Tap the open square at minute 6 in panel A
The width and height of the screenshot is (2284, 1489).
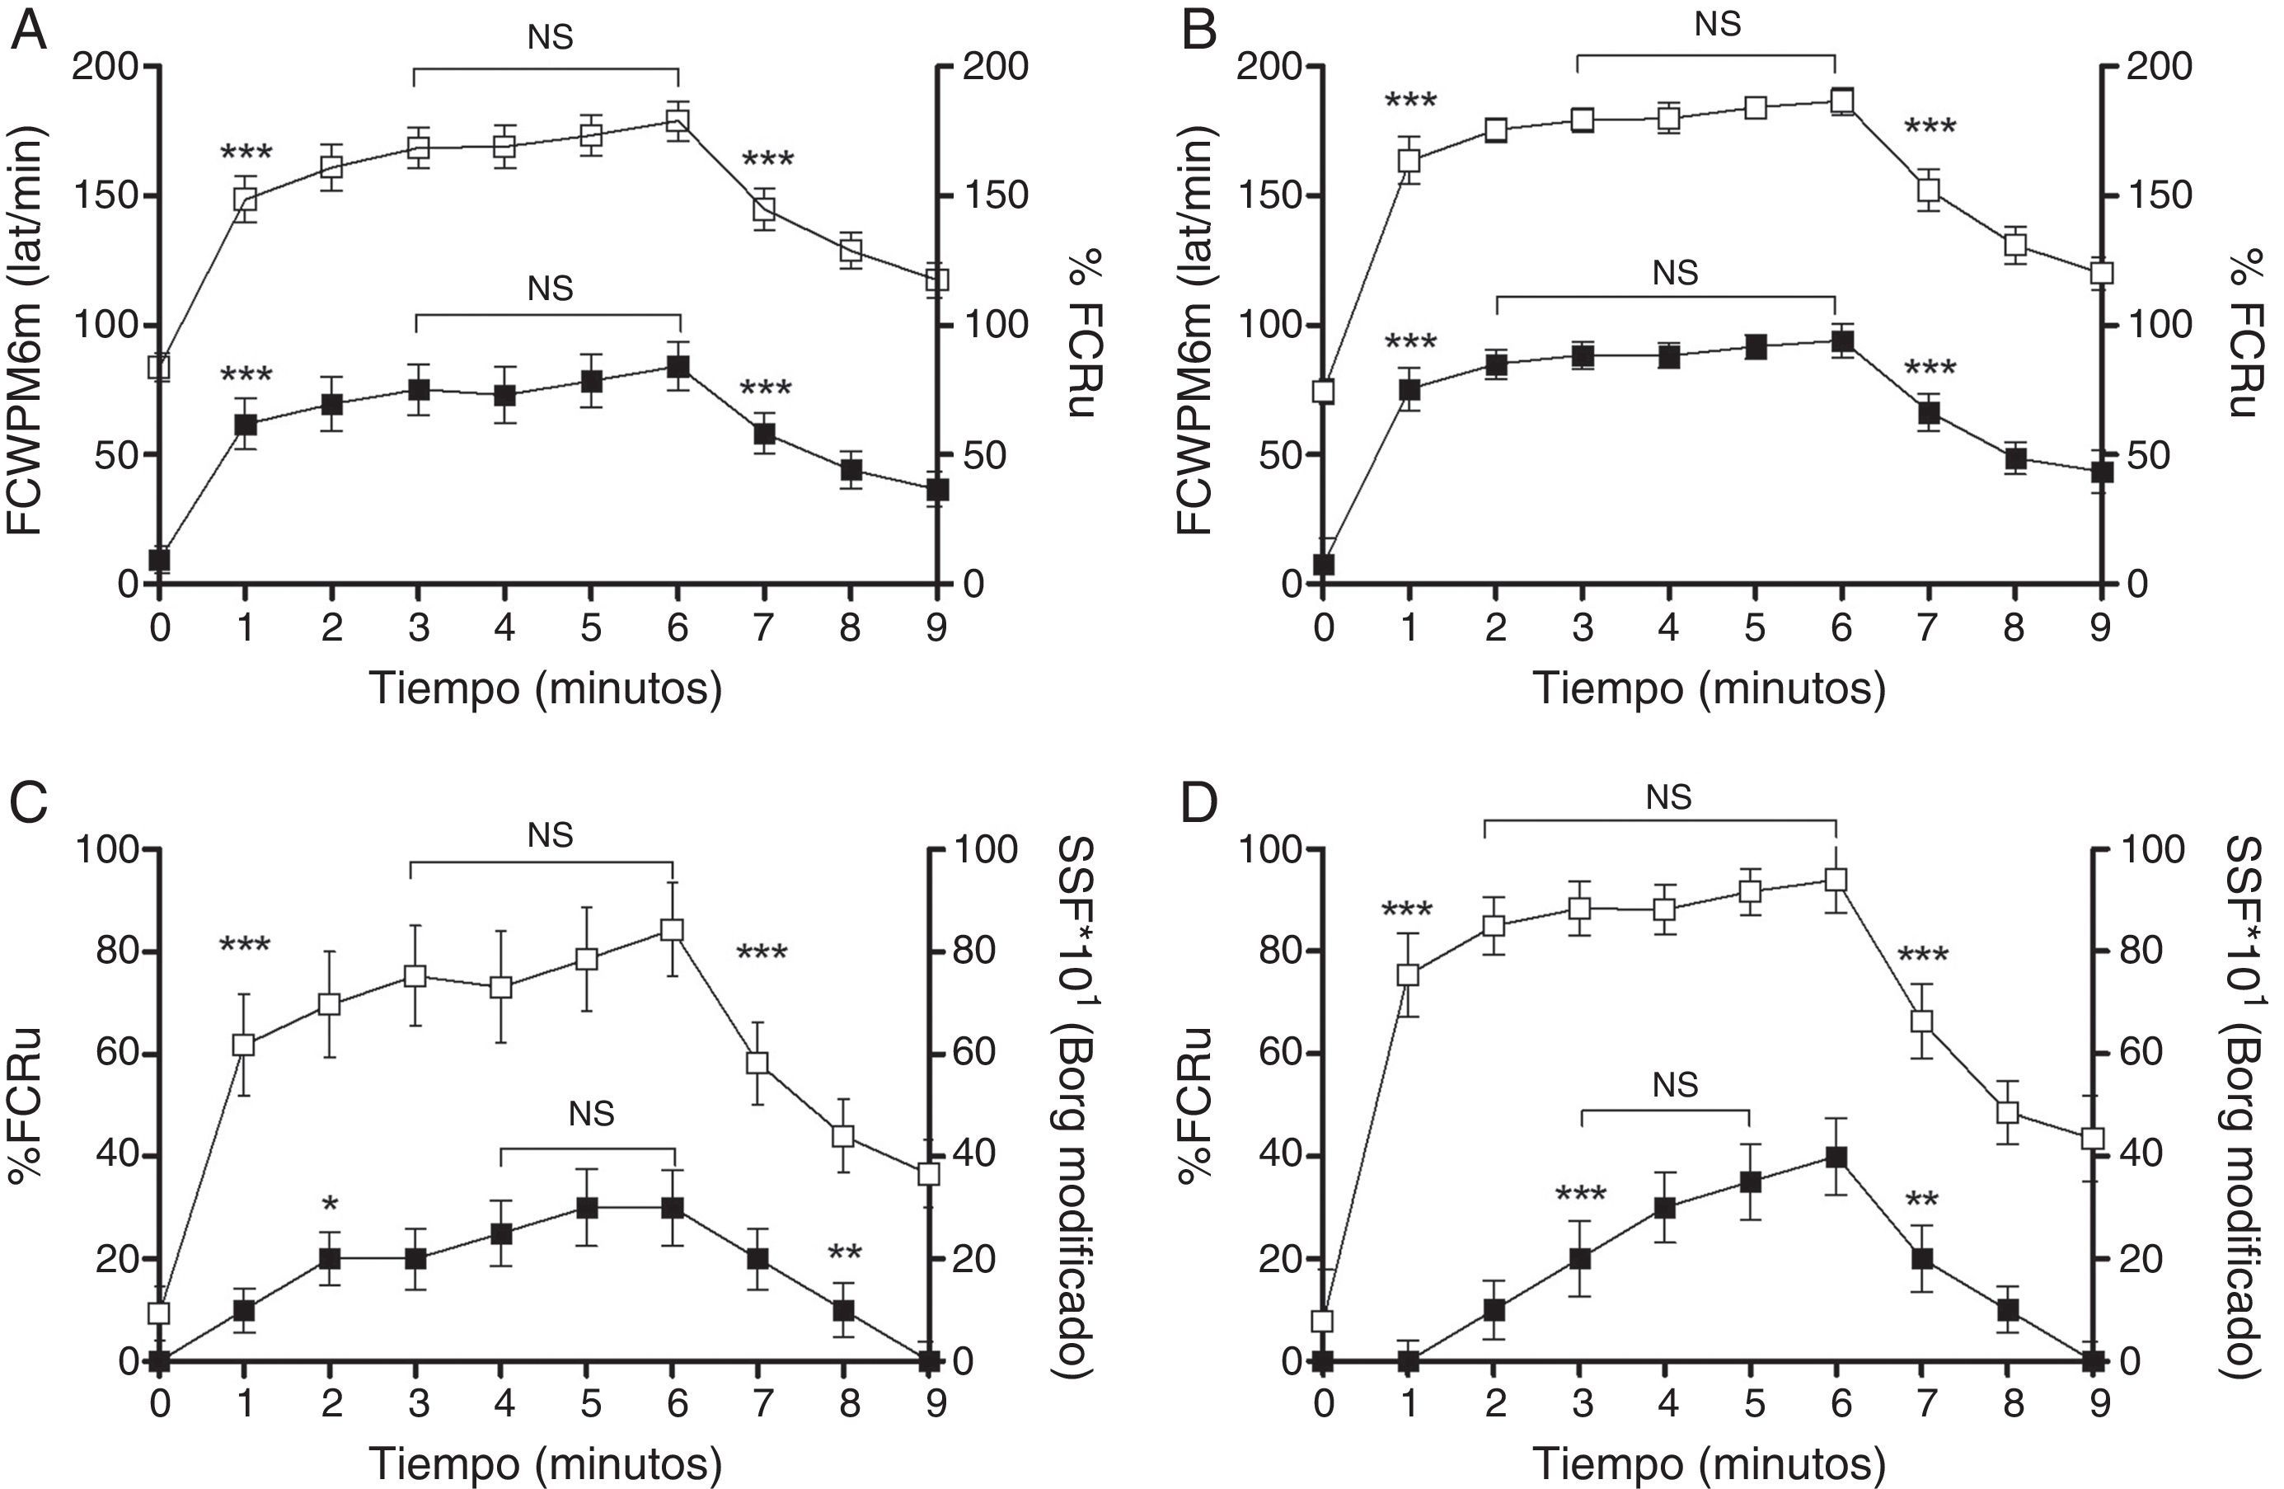[x=678, y=121]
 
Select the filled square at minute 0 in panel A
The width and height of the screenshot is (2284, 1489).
[x=159, y=559]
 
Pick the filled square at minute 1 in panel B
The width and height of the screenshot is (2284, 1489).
[x=1409, y=390]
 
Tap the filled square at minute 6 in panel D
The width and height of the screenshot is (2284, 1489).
[x=1836, y=1157]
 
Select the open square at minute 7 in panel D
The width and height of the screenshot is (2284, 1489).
[x=1921, y=1022]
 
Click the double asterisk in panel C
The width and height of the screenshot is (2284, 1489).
[x=845, y=1255]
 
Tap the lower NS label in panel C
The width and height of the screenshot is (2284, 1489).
[x=591, y=1114]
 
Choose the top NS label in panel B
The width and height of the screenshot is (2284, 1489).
[x=1717, y=24]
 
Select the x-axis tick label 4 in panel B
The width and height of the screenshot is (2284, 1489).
[x=1668, y=628]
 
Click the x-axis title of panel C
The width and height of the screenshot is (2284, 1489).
[x=545, y=1464]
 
